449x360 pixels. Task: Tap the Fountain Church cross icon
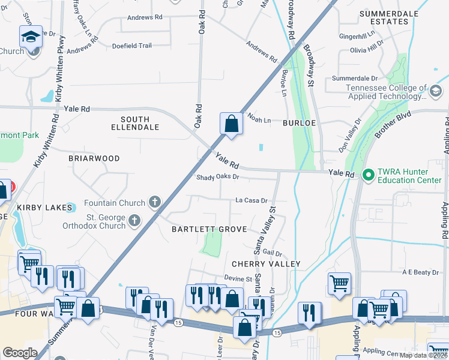155,202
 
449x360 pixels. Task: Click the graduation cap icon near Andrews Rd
31,37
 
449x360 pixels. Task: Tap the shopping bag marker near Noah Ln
231,124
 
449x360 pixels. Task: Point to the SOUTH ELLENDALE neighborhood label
136,123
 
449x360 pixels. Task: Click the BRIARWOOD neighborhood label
94,158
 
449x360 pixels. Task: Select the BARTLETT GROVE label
209,229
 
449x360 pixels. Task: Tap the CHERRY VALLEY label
266,264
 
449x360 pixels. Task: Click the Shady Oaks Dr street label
218,177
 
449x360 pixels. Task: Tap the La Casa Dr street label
251,200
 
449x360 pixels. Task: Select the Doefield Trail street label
131,45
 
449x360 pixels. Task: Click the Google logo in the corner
20,352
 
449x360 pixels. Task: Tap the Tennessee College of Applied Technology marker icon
436,91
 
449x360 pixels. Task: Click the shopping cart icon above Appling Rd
339,282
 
